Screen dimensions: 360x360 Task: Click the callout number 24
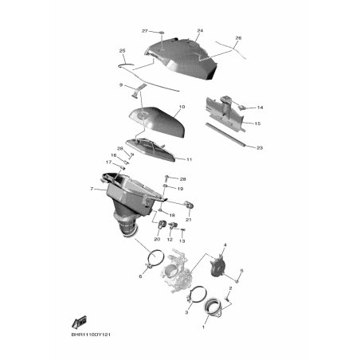click(x=200, y=31)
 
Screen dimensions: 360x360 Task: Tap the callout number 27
click(x=145, y=31)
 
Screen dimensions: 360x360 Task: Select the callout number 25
click(x=122, y=51)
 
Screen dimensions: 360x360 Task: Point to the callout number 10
click(x=182, y=107)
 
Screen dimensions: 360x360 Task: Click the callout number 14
click(x=260, y=108)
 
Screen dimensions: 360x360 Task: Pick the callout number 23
click(x=260, y=147)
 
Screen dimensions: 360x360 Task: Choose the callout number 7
click(x=92, y=189)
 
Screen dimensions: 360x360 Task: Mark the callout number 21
click(x=189, y=220)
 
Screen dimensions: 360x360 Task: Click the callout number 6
click(x=140, y=276)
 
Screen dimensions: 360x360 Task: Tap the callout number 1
click(x=204, y=327)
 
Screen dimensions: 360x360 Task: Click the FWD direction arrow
click(x=79, y=323)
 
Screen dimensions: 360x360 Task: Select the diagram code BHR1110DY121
click(x=91, y=335)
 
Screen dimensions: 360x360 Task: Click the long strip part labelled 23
click(x=225, y=135)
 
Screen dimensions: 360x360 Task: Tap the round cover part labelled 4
click(x=217, y=267)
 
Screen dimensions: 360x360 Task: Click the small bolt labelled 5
click(x=237, y=280)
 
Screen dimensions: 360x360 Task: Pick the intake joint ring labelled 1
click(x=213, y=307)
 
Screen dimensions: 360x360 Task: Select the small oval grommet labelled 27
click(x=162, y=33)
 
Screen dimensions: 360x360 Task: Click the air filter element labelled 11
click(x=151, y=149)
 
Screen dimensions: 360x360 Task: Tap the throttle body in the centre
click(x=177, y=271)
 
